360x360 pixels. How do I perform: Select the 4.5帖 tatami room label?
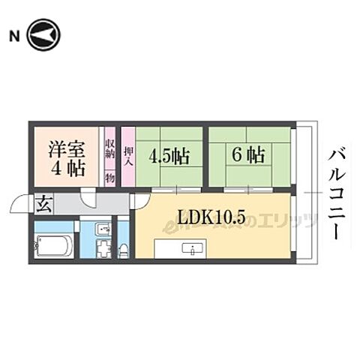click(167, 156)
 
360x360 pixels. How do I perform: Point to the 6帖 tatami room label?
click(247, 156)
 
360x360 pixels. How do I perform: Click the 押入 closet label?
click(127, 156)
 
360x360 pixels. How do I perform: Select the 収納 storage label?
click(109, 157)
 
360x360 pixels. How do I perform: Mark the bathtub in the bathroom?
click(53, 245)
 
